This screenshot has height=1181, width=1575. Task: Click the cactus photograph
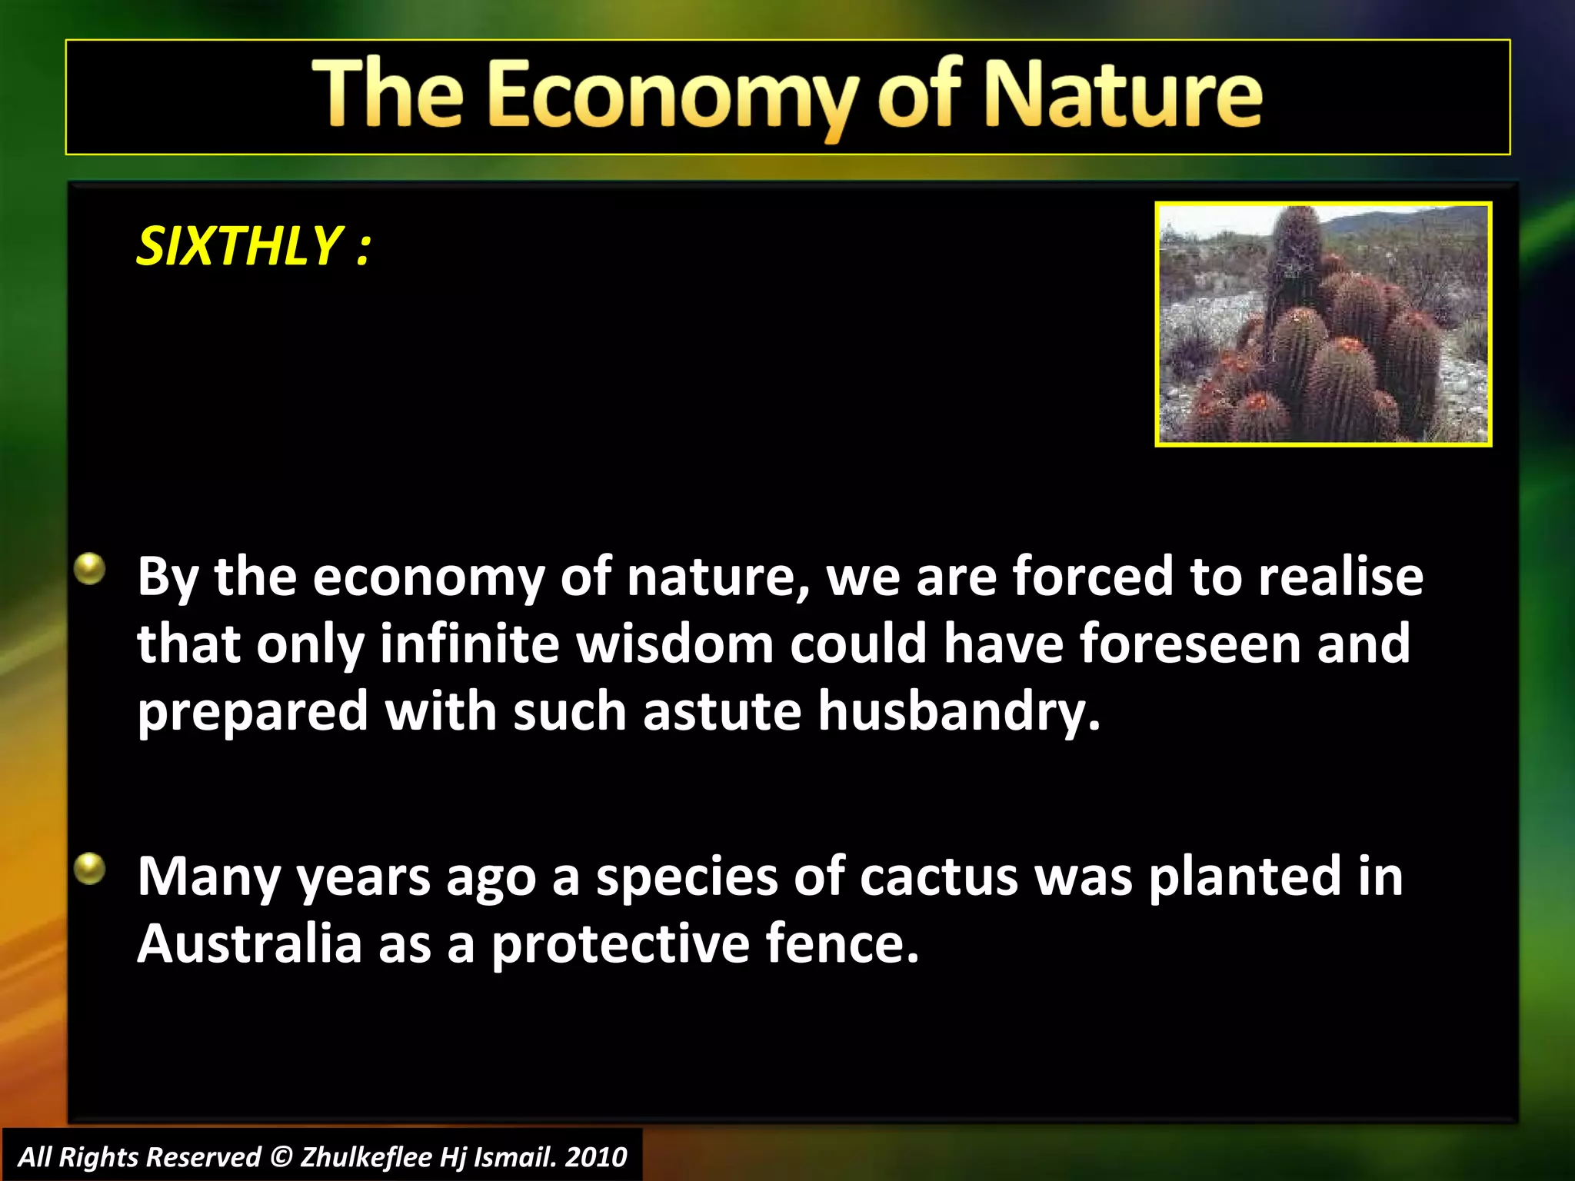1323,324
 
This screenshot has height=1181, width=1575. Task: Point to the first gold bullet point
90,570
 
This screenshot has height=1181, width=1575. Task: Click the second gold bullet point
90,870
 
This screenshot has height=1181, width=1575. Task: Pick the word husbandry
958,711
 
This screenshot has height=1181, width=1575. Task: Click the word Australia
249,944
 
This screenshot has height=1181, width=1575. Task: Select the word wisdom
675,644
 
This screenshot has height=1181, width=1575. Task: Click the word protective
620,944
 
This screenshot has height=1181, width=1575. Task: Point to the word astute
722,711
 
